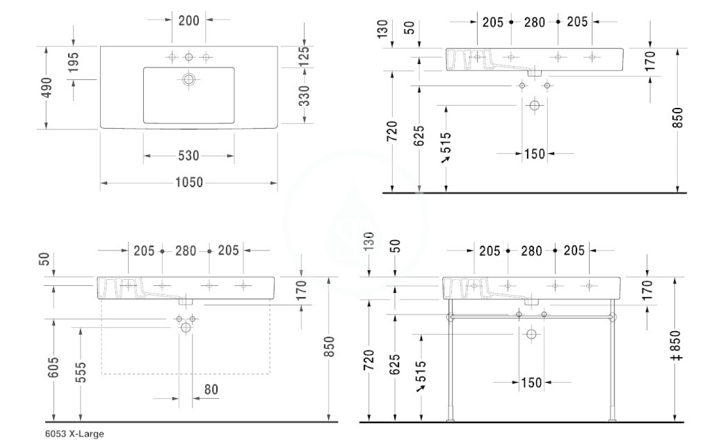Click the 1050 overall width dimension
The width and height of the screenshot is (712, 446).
click(x=189, y=182)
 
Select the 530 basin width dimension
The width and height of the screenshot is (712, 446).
click(x=188, y=156)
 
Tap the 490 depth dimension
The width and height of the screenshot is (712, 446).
click(x=47, y=87)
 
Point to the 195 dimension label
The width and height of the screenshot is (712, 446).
click(x=74, y=62)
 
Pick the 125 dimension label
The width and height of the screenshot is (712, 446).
click(x=305, y=56)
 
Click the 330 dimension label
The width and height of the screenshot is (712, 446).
click(x=305, y=95)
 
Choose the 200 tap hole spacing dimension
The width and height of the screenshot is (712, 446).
click(x=188, y=20)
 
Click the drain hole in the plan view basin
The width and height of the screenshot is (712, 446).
click(x=189, y=79)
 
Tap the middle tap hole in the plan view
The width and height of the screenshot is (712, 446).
click(x=189, y=57)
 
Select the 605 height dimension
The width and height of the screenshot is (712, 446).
click(x=54, y=367)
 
